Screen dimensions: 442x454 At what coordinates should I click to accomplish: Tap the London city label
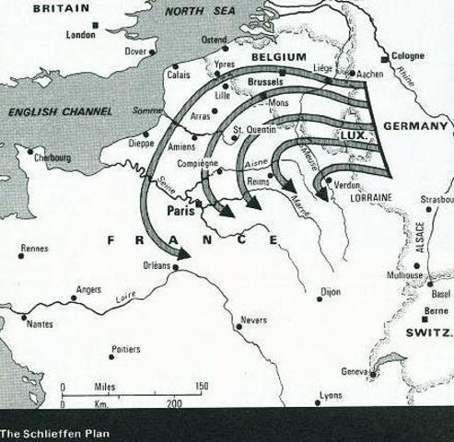81,35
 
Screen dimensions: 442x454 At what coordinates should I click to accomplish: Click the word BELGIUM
278,57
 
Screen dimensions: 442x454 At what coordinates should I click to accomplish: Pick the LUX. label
355,134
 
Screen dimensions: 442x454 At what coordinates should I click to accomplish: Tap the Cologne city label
408,55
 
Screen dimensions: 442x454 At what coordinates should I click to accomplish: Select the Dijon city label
330,291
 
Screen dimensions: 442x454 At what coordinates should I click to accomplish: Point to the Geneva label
355,371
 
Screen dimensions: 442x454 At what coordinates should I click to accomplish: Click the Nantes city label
40,323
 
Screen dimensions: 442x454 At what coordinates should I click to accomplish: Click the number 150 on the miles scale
202,387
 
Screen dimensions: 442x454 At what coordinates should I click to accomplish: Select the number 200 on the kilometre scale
174,404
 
